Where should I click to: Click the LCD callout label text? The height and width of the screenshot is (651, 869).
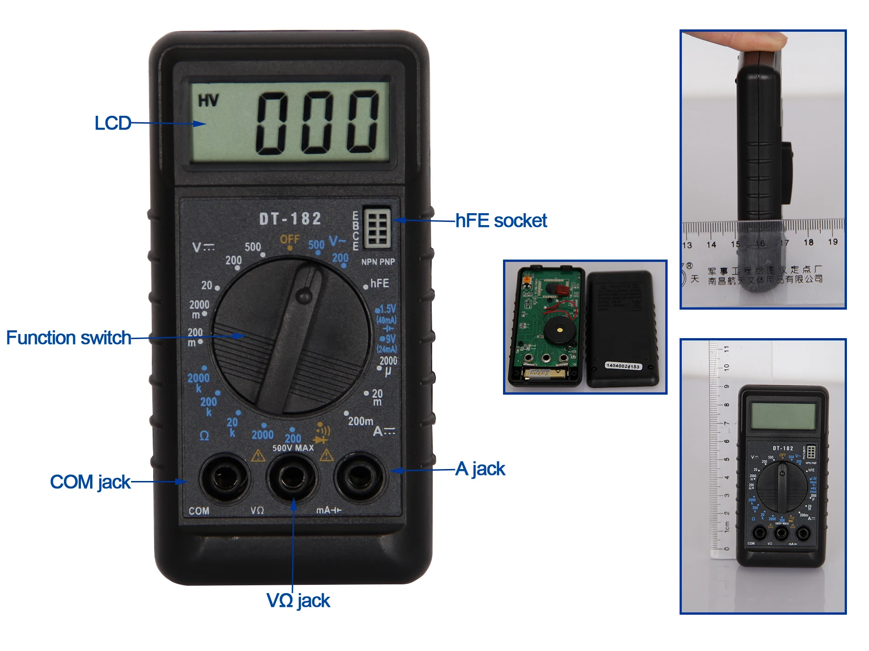(113, 123)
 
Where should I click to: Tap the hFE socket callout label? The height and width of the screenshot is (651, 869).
(501, 221)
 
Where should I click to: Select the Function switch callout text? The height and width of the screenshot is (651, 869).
(69, 338)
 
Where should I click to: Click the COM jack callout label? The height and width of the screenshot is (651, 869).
(90, 482)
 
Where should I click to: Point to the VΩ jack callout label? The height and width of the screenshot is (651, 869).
(298, 600)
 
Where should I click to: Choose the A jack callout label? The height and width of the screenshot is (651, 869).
(480, 469)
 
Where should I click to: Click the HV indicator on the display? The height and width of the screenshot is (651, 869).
(208, 100)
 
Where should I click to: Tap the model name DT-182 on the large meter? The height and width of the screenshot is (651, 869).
(290, 219)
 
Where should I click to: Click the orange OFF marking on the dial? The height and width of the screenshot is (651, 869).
(290, 239)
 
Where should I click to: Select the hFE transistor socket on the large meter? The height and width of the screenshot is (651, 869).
(377, 226)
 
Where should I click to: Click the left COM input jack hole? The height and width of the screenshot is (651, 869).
(224, 478)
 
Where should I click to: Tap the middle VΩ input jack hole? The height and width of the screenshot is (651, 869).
(292, 478)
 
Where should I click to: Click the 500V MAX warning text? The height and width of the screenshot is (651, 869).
(293, 448)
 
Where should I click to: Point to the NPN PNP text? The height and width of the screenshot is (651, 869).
(378, 262)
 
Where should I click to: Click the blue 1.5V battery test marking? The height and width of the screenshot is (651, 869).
(387, 309)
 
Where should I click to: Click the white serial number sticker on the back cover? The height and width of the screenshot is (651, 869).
(623, 366)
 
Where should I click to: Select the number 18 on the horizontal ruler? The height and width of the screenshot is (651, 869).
(808, 242)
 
